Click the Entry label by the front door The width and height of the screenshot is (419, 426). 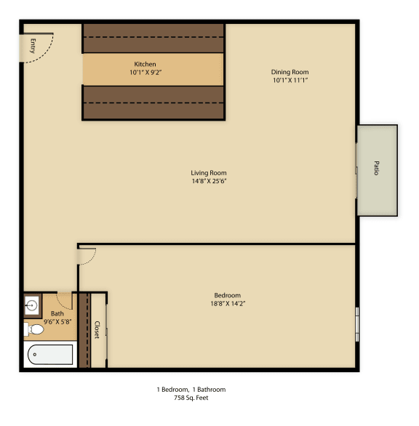pyautogui.click(x=33, y=47)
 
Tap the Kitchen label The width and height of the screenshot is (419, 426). pyautogui.click(x=144, y=64)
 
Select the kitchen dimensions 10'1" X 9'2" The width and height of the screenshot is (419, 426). pyautogui.click(x=144, y=73)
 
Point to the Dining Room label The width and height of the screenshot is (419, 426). pyautogui.click(x=290, y=72)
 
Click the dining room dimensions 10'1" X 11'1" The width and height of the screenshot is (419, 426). pyautogui.click(x=290, y=81)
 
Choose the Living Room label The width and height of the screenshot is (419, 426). pyautogui.click(x=209, y=173)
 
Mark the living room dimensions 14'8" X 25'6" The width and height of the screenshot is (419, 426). pyautogui.click(x=209, y=182)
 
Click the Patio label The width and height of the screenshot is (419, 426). pyautogui.click(x=377, y=169)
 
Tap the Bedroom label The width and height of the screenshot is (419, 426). pyautogui.click(x=227, y=295)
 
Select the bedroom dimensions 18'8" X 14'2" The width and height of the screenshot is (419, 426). pyautogui.click(x=227, y=304)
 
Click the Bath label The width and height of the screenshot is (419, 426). pyautogui.click(x=57, y=314)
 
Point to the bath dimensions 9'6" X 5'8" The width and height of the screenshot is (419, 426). pyautogui.click(x=57, y=322)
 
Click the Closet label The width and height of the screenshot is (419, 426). pyautogui.click(x=97, y=330)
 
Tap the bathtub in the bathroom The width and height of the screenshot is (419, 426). pyautogui.click(x=50, y=355)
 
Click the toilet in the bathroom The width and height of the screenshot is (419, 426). pyautogui.click(x=34, y=331)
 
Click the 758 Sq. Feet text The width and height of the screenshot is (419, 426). pyautogui.click(x=191, y=398)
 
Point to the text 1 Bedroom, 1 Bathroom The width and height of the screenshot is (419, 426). pyautogui.click(x=191, y=390)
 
